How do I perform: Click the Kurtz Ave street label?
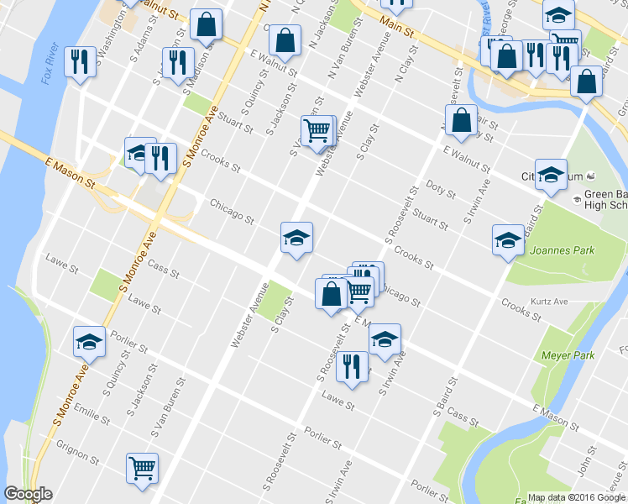(x=549, y=301)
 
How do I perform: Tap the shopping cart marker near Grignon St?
(x=142, y=468)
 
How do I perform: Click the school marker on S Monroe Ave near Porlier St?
(x=89, y=342)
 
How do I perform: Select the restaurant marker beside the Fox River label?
(x=81, y=61)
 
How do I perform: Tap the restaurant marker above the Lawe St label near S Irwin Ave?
(x=352, y=366)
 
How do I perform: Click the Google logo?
(x=28, y=494)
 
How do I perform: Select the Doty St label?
(x=440, y=188)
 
